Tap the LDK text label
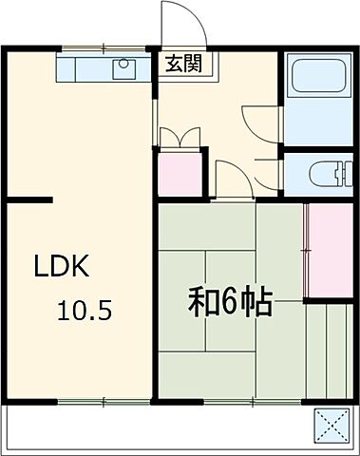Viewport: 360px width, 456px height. tap(62, 267)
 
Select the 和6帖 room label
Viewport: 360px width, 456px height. tap(229, 304)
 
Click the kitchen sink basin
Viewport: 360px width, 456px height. tap(124, 68)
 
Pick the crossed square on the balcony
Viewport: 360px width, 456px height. tap(331, 424)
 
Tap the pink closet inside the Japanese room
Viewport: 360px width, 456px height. tap(328, 250)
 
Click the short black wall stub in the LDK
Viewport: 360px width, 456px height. tap(30, 199)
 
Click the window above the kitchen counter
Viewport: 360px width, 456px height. tap(101, 48)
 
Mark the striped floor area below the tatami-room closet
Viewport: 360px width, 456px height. tap(328, 348)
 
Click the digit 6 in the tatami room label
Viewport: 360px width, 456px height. tap(229, 304)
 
